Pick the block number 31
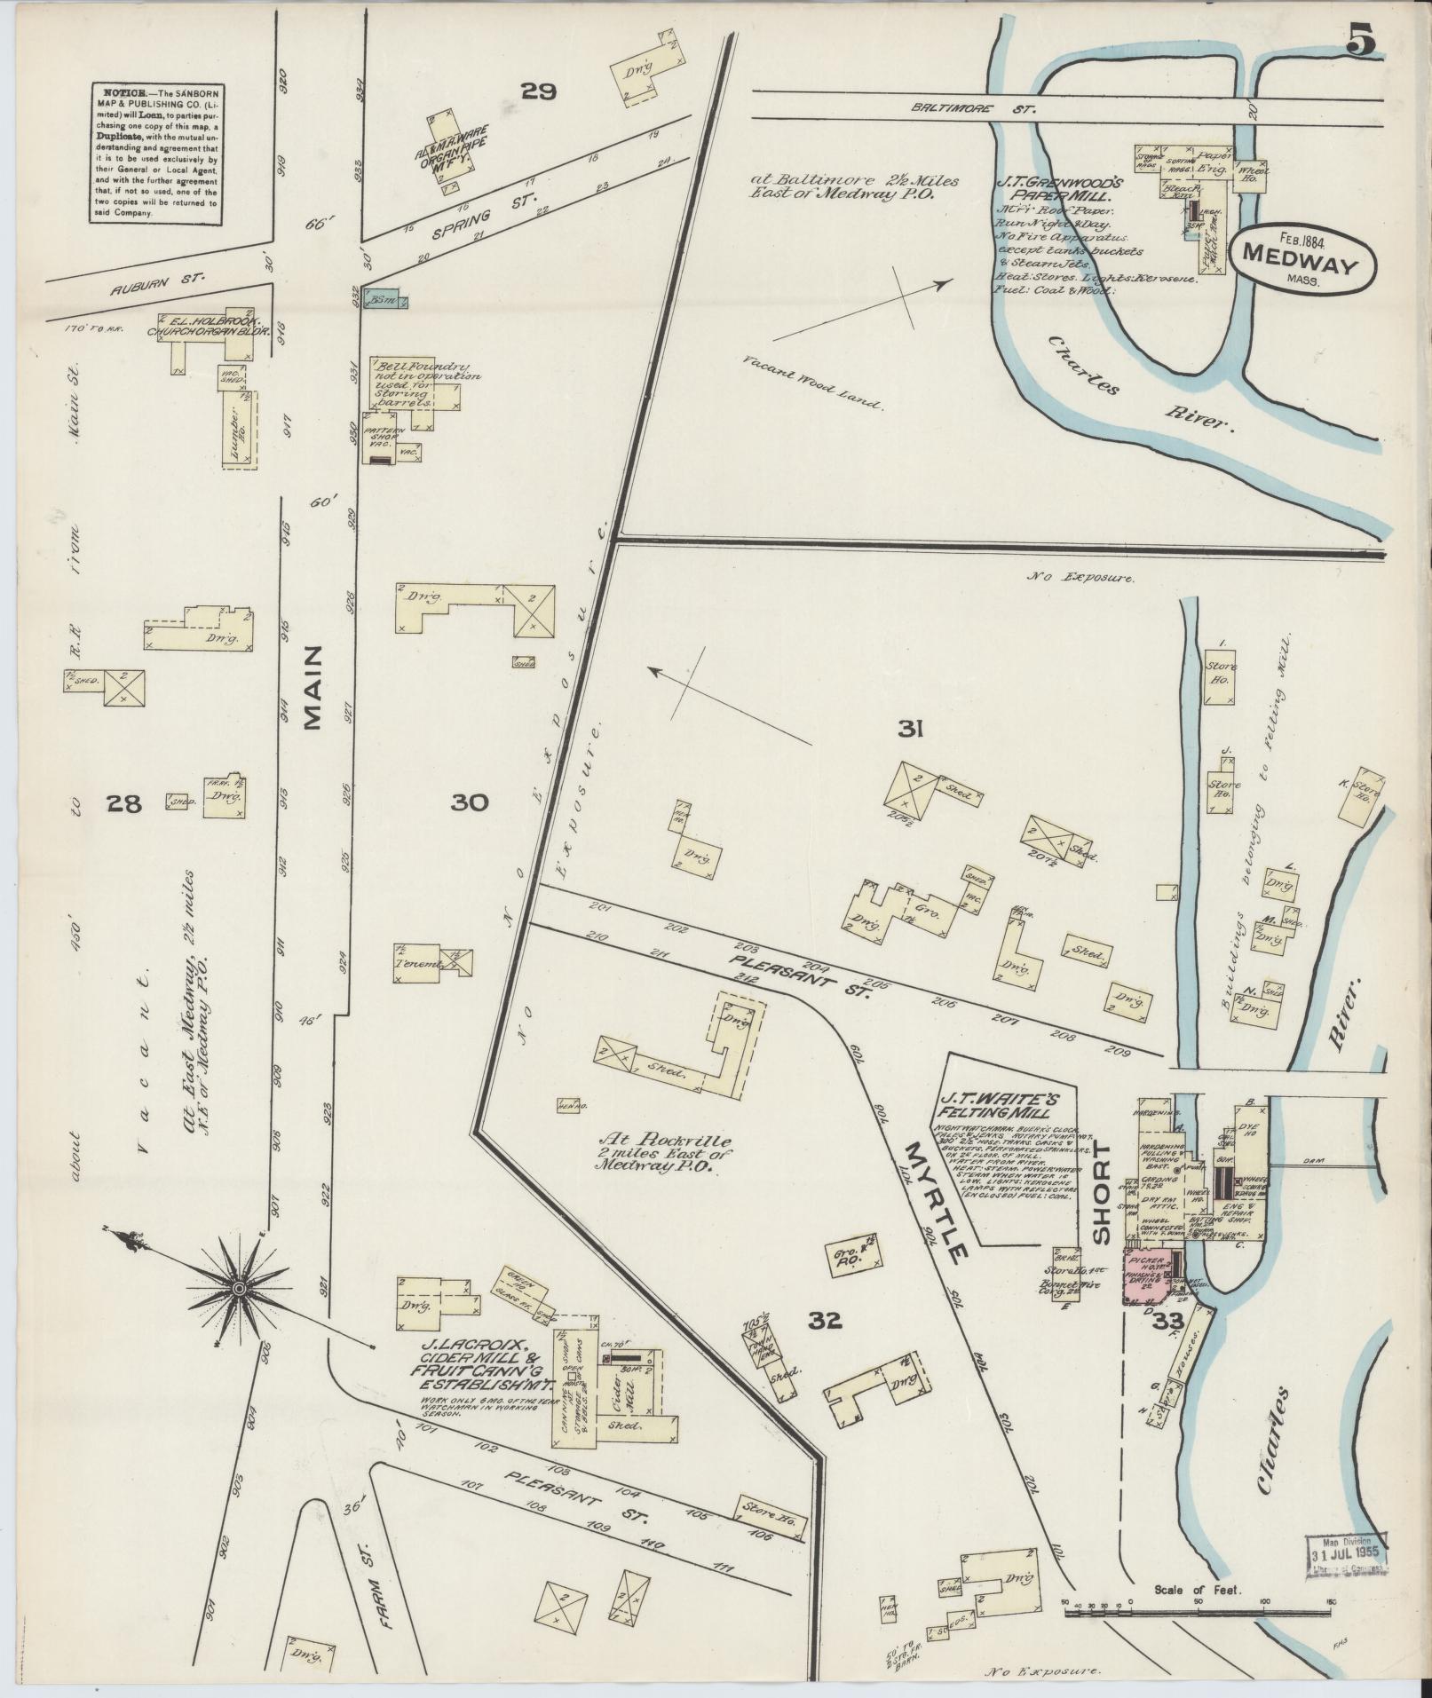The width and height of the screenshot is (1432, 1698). pyautogui.click(x=911, y=730)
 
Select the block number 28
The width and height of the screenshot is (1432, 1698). pyautogui.click(x=123, y=804)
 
